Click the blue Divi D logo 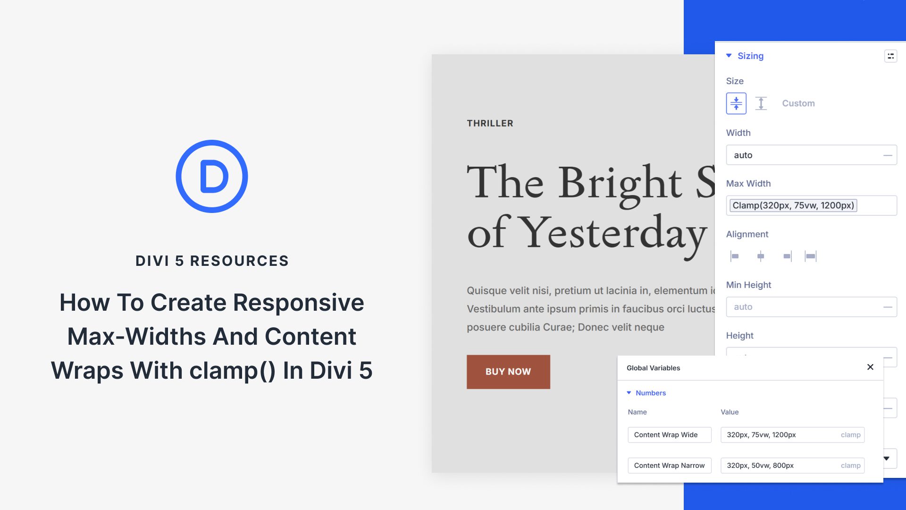tap(212, 176)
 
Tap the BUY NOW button tap(508, 372)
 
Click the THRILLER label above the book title tap(490, 123)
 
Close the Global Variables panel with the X tap(870, 367)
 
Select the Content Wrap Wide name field tap(669, 435)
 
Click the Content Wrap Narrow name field tap(669, 466)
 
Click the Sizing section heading tap(750, 56)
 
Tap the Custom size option tap(798, 103)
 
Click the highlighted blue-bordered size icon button tap(736, 103)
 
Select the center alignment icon tap(761, 256)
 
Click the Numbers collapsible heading tap(650, 393)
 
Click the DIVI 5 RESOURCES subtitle tap(212, 261)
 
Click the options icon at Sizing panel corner tap(890, 56)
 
